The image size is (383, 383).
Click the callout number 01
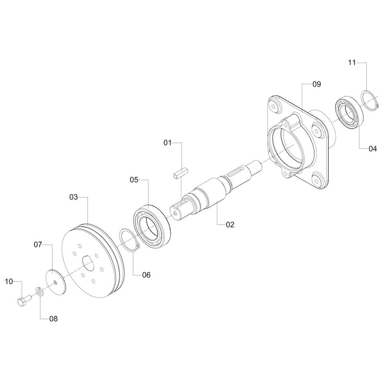(x=168, y=142)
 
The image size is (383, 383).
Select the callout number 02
(x=230, y=224)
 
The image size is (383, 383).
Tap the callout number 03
(x=74, y=197)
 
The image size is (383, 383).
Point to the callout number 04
(x=373, y=149)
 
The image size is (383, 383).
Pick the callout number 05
(x=134, y=180)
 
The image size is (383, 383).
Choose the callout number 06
(x=146, y=275)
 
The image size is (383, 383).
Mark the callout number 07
(x=38, y=244)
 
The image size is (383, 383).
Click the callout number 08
(x=54, y=319)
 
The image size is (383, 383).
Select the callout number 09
(x=317, y=84)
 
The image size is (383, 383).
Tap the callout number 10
(x=9, y=282)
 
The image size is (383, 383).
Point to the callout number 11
(x=352, y=63)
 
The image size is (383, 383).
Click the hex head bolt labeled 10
(x=24, y=300)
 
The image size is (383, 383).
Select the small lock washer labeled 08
(x=39, y=291)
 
